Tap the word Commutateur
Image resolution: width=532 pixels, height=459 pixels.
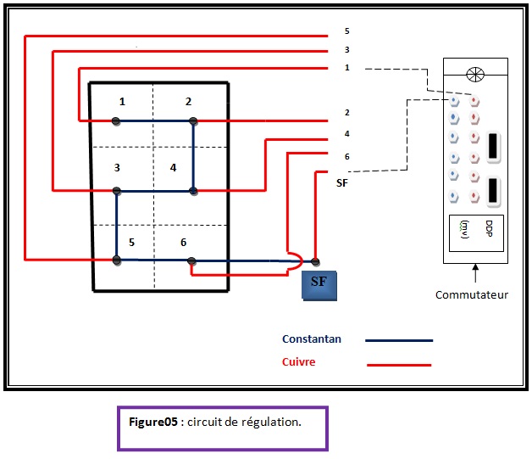click(x=471, y=295)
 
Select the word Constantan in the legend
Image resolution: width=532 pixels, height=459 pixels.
click(x=312, y=339)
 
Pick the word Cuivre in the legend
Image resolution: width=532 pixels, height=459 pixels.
click(x=299, y=362)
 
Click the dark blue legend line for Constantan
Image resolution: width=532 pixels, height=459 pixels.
click(x=398, y=340)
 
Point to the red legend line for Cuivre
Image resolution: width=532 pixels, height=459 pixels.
click(x=398, y=365)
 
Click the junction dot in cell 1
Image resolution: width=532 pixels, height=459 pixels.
click(x=116, y=121)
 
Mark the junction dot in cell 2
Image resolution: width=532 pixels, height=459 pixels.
click(x=193, y=121)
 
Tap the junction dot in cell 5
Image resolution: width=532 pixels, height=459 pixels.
click(x=117, y=260)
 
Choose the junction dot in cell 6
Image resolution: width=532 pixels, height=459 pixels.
click(x=192, y=260)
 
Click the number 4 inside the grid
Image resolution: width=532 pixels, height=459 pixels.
click(x=173, y=167)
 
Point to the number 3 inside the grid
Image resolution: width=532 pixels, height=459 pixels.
click(x=117, y=167)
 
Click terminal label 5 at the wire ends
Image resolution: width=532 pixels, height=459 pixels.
click(x=346, y=31)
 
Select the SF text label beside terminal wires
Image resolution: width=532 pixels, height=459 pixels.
click(x=342, y=182)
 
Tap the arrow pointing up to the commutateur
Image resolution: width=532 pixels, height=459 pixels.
click(x=475, y=273)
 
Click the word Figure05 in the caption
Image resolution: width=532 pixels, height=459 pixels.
click(x=153, y=422)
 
